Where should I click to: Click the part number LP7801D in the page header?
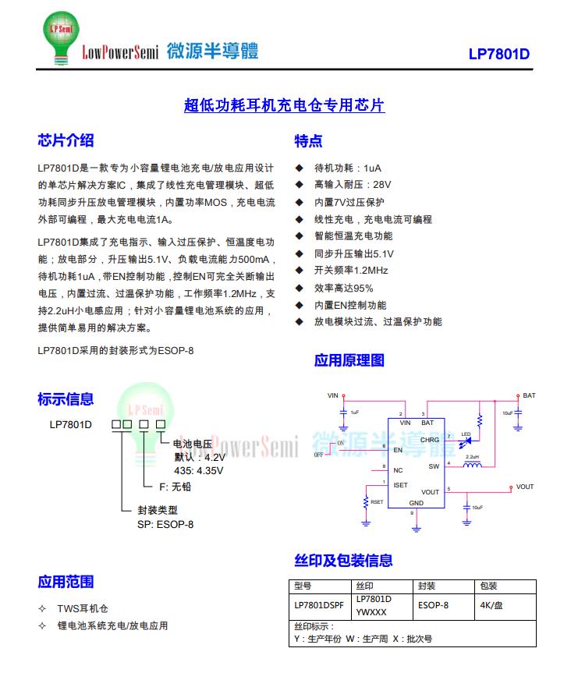[x=498, y=55]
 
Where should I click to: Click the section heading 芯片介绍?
[x=66, y=140]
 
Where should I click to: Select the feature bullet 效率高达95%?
[x=343, y=288]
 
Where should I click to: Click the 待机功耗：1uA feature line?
[x=347, y=168]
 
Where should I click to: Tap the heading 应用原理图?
[x=349, y=360]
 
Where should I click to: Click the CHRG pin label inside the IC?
[x=430, y=440]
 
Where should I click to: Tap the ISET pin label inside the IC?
[x=400, y=485]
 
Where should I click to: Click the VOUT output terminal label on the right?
[x=525, y=487]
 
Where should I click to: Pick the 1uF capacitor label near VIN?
[x=354, y=412]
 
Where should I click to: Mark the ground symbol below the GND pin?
[x=417, y=527]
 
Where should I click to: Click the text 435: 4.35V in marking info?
[x=198, y=470]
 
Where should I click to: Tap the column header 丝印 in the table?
[x=364, y=586]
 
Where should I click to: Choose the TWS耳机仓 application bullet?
[x=82, y=608]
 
